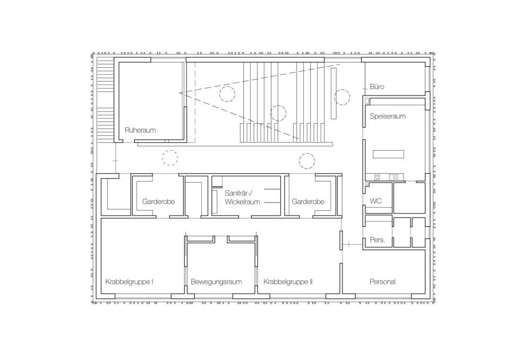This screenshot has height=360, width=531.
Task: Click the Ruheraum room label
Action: [x=140, y=130]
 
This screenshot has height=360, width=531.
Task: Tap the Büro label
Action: [x=377, y=87]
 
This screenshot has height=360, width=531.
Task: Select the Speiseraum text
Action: [x=388, y=116]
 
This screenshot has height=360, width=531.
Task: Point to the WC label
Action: [x=375, y=201]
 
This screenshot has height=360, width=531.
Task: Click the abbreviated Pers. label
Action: [x=378, y=240]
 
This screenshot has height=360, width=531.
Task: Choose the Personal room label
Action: [x=382, y=281]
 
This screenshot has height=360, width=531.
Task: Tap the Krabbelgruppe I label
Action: [x=129, y=282]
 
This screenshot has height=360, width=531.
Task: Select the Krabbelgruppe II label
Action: [x=288, y=282]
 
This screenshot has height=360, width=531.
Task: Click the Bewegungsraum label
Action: [x=216, y=282]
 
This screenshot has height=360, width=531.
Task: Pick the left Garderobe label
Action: [x=158, y=202]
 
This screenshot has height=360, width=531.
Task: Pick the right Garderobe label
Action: [x=308, y=202]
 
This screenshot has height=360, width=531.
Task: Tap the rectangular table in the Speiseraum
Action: [x=389, y=154]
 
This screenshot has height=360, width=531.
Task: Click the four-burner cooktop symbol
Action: [x=376, y=177]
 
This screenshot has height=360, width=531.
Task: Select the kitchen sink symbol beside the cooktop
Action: [x=394, y=177]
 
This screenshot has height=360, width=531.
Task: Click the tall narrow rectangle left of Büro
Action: [x=333, y=93]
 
